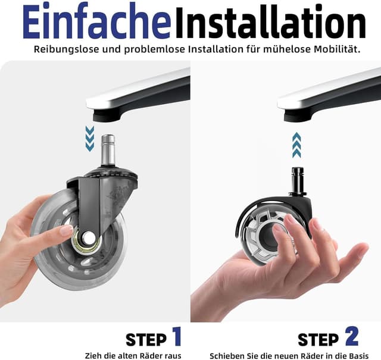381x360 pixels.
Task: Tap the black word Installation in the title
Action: [270, 23]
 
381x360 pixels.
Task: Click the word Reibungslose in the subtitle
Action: [67, 49]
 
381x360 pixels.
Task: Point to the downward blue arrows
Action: [90, 139]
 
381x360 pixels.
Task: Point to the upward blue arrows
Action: [296, 145]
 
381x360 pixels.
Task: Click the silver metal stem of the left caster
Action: [108, 150]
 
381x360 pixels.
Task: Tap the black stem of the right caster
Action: [296, 180]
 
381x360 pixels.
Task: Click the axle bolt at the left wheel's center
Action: [88, 237]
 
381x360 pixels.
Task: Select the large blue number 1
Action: [177, 336]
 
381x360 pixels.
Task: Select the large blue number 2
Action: [351, 336]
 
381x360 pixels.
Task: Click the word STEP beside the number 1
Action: [146, 340]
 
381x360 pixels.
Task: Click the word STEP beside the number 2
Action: [318, 340]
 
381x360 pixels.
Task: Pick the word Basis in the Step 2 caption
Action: [358, 356]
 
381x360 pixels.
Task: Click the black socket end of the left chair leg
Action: [107, 115]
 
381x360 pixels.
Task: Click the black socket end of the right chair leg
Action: [298, 115]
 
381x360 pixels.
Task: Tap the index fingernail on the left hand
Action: [66, 230]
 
